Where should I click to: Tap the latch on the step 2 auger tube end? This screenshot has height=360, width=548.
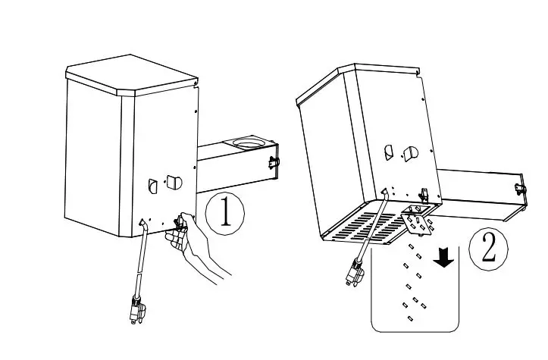(519, 188)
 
